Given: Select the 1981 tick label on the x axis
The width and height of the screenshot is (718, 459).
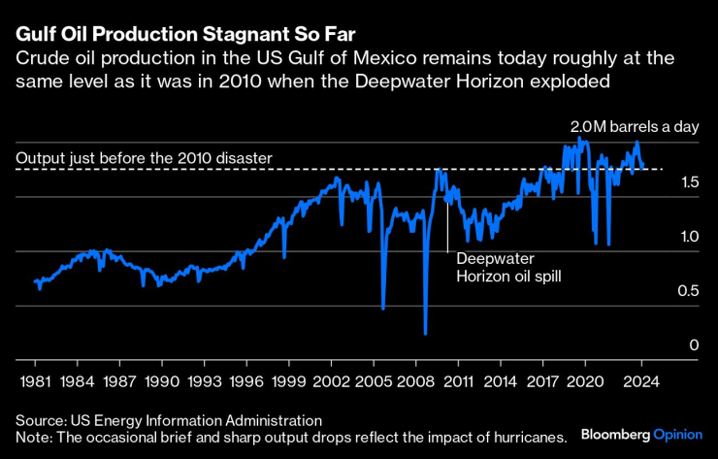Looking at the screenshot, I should click(35, 381).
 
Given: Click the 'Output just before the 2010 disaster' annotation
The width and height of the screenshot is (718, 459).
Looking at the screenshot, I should click(145, 157).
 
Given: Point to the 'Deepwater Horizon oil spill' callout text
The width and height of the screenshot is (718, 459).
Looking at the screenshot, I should click(509, 268).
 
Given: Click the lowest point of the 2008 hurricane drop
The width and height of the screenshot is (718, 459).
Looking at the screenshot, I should click(425, 333).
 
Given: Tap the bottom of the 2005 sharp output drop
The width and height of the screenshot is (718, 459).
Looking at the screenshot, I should click(383, 309).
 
